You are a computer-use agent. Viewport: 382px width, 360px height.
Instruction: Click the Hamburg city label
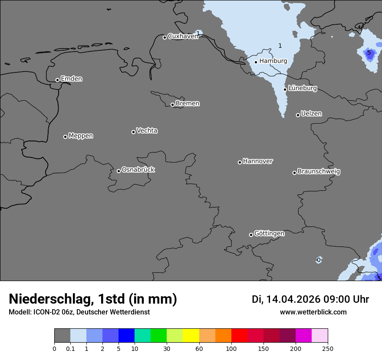click(x=273, y=61)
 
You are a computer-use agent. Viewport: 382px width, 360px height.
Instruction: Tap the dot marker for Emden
click(x=57, y=80)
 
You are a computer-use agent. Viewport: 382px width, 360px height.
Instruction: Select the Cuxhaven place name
click(x=183, y=36)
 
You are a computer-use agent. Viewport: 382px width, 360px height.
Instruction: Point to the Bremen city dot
click(x=172, y=105)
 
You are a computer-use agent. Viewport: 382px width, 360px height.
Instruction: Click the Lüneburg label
click(x=303, y=88)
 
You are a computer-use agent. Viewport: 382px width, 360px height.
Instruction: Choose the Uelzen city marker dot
click(x=298, y=115)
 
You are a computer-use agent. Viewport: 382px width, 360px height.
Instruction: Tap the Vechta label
click(x=147, y=131)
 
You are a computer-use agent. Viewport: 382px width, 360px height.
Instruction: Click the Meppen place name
click(x=81, y=136)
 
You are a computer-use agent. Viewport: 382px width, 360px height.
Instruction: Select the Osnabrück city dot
click(x=119, y=171)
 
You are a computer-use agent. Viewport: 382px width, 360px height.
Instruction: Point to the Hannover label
click(x=258, y=161)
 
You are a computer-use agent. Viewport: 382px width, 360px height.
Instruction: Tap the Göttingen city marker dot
click(x=251, y=235)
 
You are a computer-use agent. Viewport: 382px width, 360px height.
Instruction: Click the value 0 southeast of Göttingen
click(x=319, y=260)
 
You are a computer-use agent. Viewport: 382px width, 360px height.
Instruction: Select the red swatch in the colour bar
click(x=239, y=336)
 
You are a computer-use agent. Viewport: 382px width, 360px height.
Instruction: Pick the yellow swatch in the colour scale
click(x=191, y=336)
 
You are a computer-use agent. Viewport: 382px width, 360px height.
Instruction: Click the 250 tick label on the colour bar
click(x=328, y=348)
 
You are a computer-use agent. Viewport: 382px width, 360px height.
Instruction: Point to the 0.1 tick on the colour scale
click(x=70, y=348)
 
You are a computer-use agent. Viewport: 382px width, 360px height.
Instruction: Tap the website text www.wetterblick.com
click(x=313, y=312)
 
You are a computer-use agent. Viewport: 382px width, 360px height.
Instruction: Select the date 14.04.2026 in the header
click(x=293, y=299)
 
